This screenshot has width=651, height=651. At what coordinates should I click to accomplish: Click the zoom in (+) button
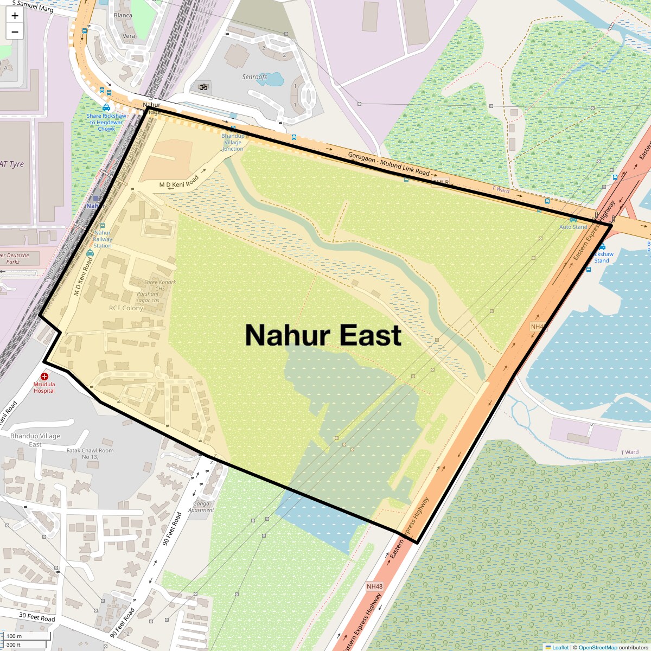[15, 16]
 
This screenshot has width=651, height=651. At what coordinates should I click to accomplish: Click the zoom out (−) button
[15, 32]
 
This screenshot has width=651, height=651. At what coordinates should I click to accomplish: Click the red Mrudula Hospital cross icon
[44, 376]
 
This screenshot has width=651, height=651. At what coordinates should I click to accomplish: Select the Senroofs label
[254, 77]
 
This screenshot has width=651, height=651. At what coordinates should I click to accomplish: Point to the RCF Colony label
[126, 308]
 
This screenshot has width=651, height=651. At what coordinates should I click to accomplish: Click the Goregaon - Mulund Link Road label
[388, 165]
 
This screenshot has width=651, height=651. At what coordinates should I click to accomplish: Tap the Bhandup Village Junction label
[233, 142]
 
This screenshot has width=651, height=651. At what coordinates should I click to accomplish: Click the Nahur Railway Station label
[103, 239]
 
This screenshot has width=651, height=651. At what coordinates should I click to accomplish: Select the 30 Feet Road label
[37, 617]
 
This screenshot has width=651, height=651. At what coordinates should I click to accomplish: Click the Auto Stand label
[573, 227]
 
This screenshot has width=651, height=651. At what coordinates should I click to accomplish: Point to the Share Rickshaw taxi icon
[106, 108]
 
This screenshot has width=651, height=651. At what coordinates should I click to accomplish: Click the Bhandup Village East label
[35, 440]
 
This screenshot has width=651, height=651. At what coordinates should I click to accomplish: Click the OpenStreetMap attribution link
[597, 647]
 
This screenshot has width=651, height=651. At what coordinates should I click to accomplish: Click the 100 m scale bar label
[14, 636]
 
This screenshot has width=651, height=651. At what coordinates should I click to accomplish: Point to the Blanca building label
[123, 15]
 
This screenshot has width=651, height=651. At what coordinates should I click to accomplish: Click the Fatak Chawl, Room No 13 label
[90, 453]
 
